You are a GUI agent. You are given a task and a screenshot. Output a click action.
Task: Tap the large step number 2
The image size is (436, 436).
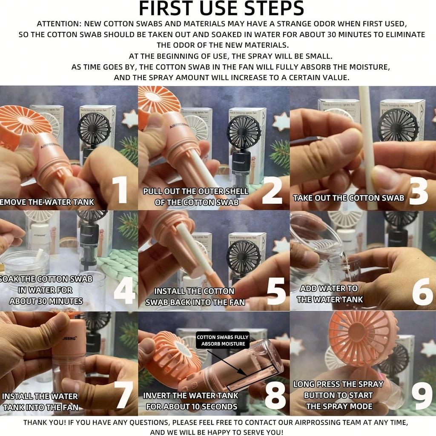(x=272, y=190)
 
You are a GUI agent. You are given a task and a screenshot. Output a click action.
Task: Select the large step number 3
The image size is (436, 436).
(x=418, y=191)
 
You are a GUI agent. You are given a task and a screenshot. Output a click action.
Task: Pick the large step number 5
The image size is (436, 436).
(x=276, y=291)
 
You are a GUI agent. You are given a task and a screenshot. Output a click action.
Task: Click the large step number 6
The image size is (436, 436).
(x=422, y=291)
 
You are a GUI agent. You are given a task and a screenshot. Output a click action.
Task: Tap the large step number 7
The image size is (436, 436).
(x=124, y=394)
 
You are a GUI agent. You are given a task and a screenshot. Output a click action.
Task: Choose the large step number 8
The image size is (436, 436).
(x=275, y=395)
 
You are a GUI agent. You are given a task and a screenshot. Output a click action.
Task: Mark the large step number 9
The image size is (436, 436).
(x=422, y=395)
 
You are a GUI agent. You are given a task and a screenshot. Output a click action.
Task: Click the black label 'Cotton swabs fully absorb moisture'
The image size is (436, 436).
(x=223, y=340)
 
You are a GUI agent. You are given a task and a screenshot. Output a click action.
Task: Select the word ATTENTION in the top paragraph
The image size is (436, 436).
(x=59, y=24)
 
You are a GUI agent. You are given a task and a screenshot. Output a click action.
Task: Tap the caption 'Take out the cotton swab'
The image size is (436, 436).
(x=348, y=198)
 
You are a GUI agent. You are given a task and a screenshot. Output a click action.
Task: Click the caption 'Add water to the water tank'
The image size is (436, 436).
(x=330, y=294)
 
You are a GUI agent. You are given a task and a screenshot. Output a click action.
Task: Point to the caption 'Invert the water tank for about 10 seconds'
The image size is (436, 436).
(x=191, y=401)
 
